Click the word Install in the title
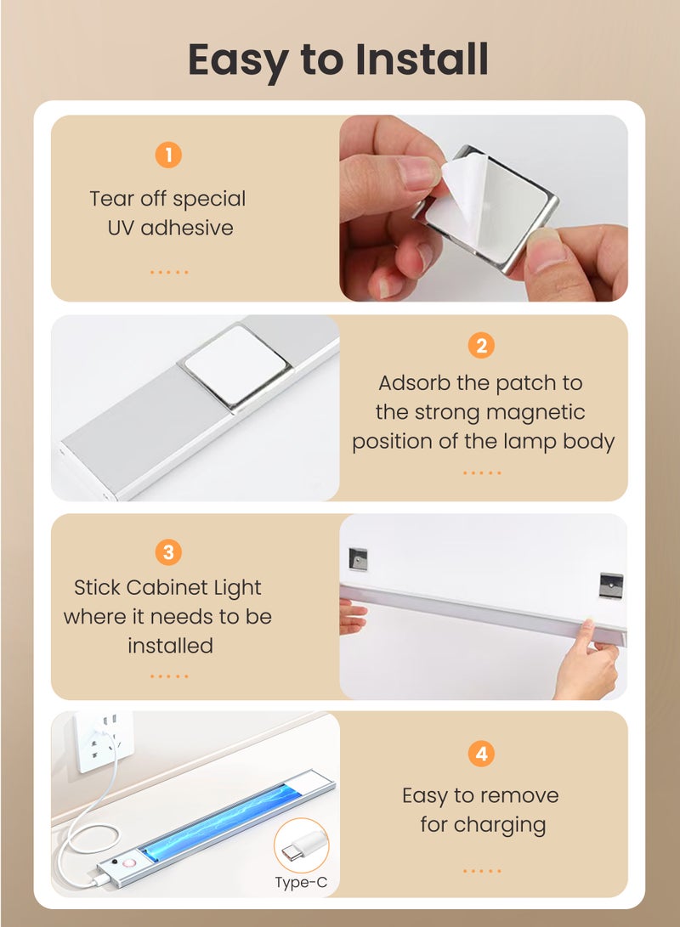pos(422,59)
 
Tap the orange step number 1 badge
pos(168,155)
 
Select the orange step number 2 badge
pos(481,345)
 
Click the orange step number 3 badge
pos(168,552)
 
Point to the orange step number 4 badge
pos(481,754)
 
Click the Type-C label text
pos(301,883)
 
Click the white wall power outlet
pos(104,742)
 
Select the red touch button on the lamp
pos(129,863)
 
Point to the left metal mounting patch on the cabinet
pos(358,559)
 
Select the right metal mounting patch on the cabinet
pos(611,585)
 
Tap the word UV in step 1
pos(122,228)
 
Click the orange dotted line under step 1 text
pos(169,272)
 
